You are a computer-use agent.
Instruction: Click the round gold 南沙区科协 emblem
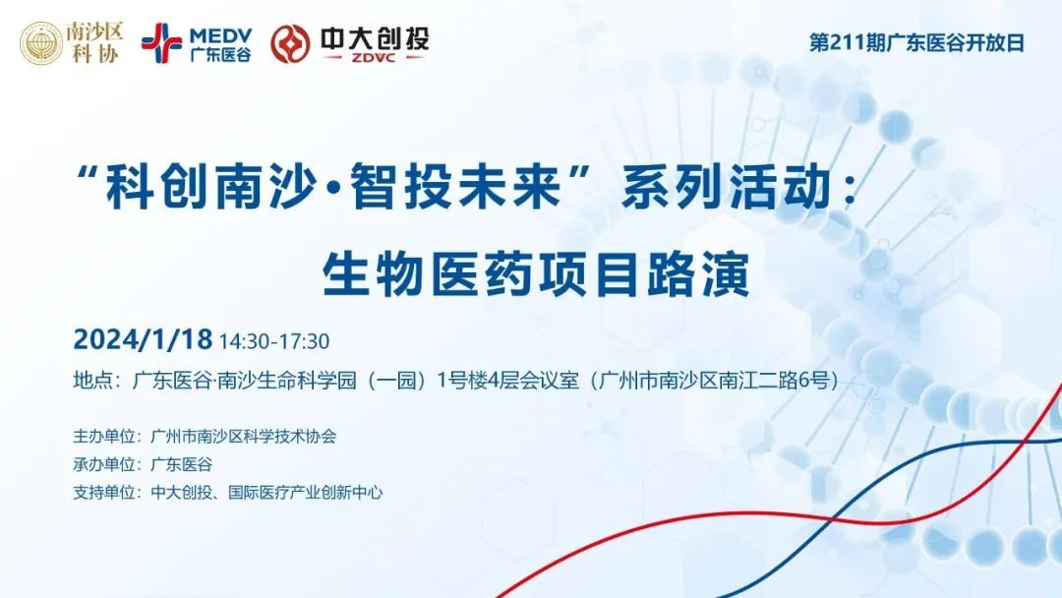coord(41,42)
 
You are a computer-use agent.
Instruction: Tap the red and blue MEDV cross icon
coord(161,43)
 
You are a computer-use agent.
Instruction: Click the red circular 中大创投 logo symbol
coord(290,44)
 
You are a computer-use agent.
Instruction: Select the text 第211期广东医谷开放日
coord(916,42)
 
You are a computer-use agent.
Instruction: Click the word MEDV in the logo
coord(221,35)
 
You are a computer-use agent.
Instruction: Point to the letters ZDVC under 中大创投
coord(374,58)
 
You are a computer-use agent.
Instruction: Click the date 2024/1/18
coord(143,339)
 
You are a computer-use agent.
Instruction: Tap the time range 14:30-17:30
coord(274,341)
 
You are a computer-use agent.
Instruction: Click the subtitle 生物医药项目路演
coord(536,274)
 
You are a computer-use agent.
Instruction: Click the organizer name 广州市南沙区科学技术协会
coord(243,436)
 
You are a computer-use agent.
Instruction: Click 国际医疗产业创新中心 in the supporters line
coord(306,493)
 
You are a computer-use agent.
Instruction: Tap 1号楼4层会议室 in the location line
coord(508,380)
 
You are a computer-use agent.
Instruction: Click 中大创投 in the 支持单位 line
coord(181,493)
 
